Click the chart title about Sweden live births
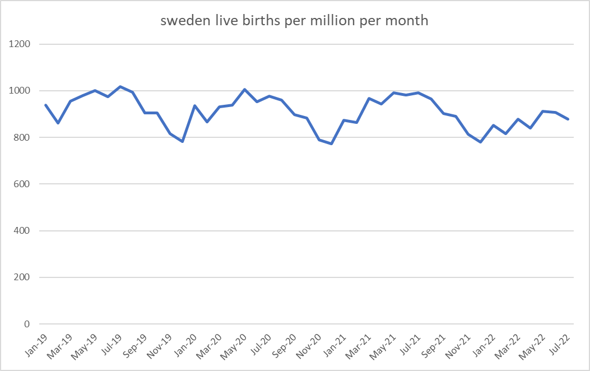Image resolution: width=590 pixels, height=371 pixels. (295, 21)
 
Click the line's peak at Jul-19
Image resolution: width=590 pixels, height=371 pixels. (120, 86)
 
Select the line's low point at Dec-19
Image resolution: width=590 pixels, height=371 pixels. (183, 141)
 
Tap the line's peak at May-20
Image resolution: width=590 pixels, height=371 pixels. (245, 89)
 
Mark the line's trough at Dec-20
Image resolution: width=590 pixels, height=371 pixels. (332, 143)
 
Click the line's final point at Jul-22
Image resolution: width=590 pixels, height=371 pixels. (568, 119)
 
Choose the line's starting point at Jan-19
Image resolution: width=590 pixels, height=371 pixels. (45, 105)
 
